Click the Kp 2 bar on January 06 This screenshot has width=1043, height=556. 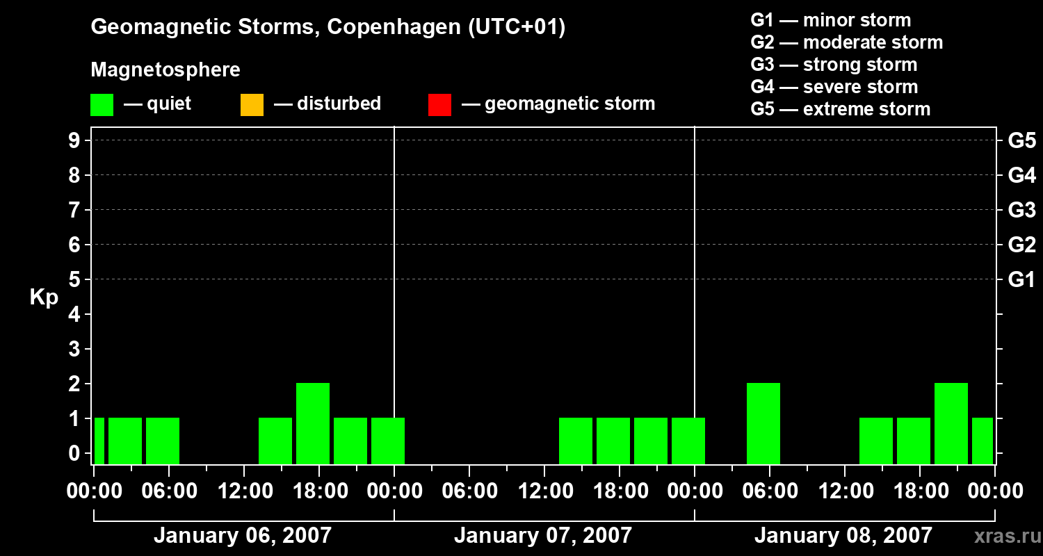point(313,423)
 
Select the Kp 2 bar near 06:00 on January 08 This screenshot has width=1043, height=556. point(763,423)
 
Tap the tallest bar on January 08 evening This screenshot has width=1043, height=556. point(951,423)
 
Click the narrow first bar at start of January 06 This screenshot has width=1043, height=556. point(99,440)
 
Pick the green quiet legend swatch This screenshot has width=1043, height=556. point(102,104)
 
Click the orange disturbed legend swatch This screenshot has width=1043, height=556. point(252,104)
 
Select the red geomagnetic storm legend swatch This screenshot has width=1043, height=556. point(439,104)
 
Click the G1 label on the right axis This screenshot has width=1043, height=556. point(1021,280)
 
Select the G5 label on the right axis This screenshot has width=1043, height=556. point(1021,141)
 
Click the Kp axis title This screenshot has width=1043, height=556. point(44,297)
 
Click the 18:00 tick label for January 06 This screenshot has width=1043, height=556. point(319,491)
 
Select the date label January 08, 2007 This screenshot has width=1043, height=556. point(843,536)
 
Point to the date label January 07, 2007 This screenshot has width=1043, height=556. point(543,536)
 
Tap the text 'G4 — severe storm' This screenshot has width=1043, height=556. point(834,87)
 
